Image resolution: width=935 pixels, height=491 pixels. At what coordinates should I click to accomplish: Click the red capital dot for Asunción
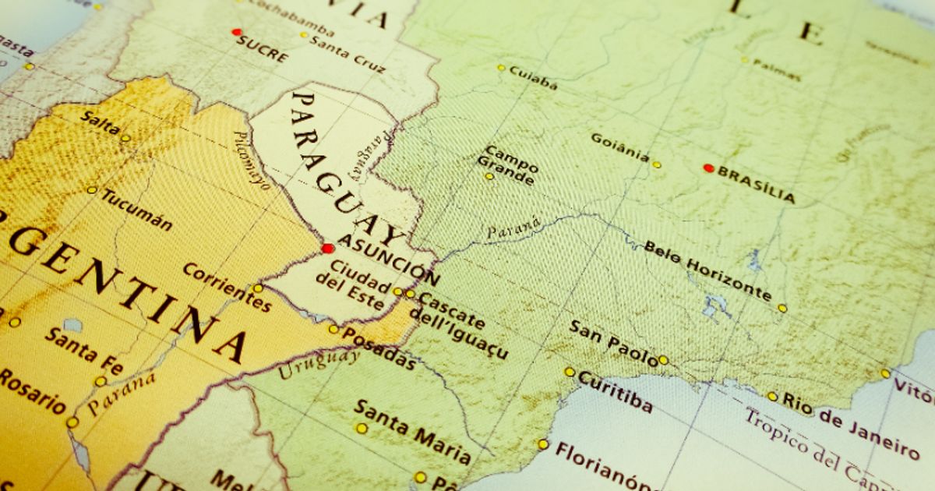click(x=327, y=249)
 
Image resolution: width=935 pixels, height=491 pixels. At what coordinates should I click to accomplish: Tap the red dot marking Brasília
click(x=708, y=168)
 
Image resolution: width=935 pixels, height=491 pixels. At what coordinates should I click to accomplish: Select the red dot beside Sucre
click(x=236, y=32)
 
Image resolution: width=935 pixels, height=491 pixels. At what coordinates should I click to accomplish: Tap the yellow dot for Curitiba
click(x=570, y=372)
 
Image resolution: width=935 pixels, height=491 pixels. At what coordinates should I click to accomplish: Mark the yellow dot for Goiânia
click(x=657, y=164)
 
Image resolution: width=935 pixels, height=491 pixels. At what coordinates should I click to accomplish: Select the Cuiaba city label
click(x=533, y=76)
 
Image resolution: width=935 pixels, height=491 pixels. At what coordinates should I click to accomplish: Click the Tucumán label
click(x=136, y=210)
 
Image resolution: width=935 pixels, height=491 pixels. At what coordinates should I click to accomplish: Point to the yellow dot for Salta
click(x=125, y=138)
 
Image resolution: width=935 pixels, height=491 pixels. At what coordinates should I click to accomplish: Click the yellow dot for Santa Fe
click(x=101, y=381)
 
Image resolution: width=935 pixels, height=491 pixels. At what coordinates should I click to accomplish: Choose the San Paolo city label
click(x=612, y=342)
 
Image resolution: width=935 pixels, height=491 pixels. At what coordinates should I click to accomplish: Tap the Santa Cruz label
click(x=348, y=54)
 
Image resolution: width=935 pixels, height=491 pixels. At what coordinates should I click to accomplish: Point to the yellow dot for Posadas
click(x=333, y=329)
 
